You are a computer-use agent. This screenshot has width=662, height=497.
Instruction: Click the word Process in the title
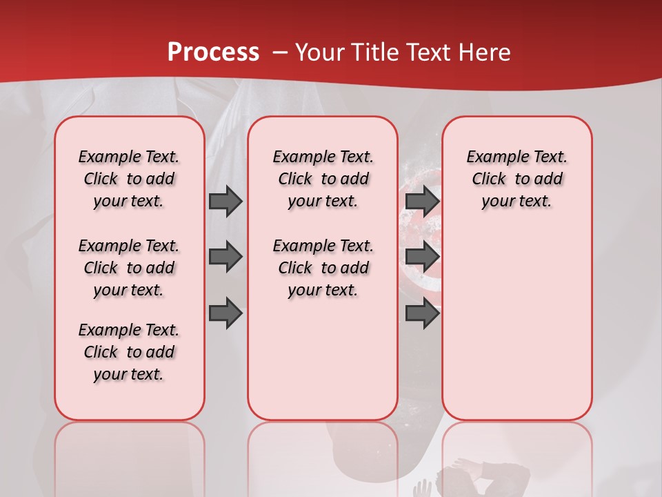pyautogui.click(x=213, y=52)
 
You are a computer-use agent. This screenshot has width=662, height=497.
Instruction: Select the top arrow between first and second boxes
pyautogui.click(x=225, y=201)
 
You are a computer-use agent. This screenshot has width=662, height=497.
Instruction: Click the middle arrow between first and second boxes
pyautogui.click(x=225, y=257)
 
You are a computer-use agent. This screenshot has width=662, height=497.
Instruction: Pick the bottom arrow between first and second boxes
pyautogui.click(x=225, y=313)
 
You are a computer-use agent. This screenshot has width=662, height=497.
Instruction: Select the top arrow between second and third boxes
pyautogui.click(x=422, y=201)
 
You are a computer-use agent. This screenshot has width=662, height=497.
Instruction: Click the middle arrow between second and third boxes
pyautogui.click(x=422, y=257)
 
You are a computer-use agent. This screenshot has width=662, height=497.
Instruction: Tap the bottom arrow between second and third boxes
pyautogui.click(x=422, y=313)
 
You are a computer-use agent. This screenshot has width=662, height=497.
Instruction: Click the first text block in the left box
pyautogui.click(x=129, y=179)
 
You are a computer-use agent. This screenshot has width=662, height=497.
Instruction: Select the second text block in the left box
pyautogui.click(x=129, y=268)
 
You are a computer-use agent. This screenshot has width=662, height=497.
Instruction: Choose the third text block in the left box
pyautogui.click(x=129, y=352)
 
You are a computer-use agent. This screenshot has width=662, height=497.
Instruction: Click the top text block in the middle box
pyautogui.click(x=323, y=179)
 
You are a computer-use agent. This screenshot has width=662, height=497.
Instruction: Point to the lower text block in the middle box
pyautogui.click(x=323, y=268)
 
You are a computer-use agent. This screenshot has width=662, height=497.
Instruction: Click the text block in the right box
pyautogui.click(x=516, y=179)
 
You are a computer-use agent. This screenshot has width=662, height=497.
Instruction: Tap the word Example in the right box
pyautogui.click(x=492, y=157)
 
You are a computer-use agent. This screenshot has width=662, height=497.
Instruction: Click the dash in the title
pyautogui.click(x=280, y=52)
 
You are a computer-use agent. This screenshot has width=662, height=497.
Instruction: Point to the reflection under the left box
pyautogui.click(x=130, y=456)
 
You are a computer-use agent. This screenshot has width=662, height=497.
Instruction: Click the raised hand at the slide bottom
pyautogui.click(x=421, y=489)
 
